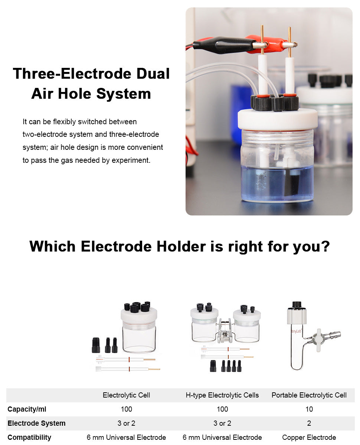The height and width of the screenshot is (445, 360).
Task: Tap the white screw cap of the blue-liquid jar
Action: (x=277, y=119)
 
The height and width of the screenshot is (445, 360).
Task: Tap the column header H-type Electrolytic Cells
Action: (x=222, y=395)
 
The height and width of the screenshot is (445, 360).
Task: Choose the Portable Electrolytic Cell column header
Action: (x=309, y=395)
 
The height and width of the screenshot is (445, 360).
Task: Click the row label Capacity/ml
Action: (x=27, y=409)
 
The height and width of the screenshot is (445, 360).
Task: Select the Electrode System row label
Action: (x=36, y=423)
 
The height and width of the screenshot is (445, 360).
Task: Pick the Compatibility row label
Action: (x=29, y=437)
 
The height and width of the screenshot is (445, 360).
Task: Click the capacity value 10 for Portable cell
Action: (x=309, y=409)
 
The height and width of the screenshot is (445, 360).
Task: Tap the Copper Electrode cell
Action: (x=309, y=437)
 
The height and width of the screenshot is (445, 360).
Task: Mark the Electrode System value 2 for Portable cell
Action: (x=309, y=423)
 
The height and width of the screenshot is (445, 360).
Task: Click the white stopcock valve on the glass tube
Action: (x=318, y=340)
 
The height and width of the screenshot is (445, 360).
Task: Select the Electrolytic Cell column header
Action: (x=126, y=395)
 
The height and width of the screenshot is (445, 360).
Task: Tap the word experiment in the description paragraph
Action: (x=131, y=161)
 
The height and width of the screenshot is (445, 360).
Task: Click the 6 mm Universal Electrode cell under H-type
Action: (x=222, y=437)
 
